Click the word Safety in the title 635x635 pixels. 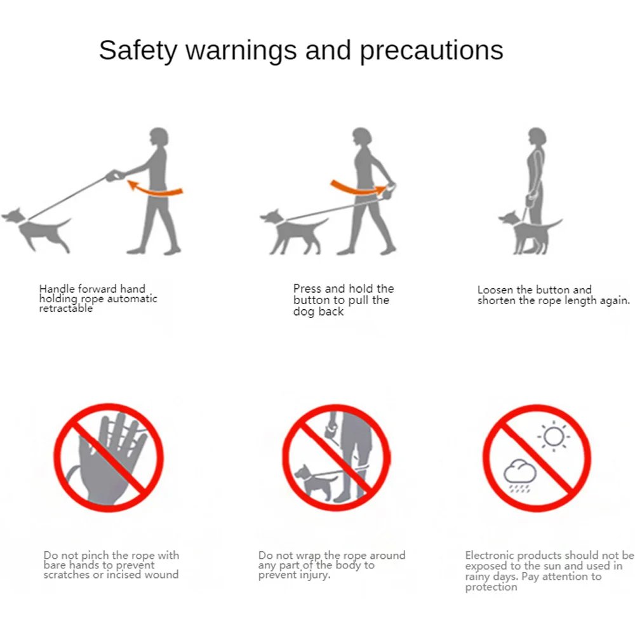pyautogui.click(x=138, y=51)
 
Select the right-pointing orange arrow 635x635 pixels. pyautogui.click(x=358, y=187)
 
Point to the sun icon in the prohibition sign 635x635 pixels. pyautogui.click(x=554, y=437)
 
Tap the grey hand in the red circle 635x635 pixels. pyautogui.click(x=109, y=458)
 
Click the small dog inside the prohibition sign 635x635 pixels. pyautogui.click(x=313, y=481)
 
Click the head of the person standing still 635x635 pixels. pyautogui.click(x=537, y=137)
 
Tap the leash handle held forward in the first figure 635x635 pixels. pyautogui.click(x=115, y=175)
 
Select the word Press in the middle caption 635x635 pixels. pyautogui.click(x=307, y=288)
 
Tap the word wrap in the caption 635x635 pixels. pyautogui.click(x=309, y=556)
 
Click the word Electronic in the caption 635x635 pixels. pyautogui.click(x=490, y=555)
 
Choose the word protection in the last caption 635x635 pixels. pyautogui.click(x=491, y=587)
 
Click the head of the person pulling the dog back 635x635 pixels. pyautogui.click(x=362, y=137)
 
